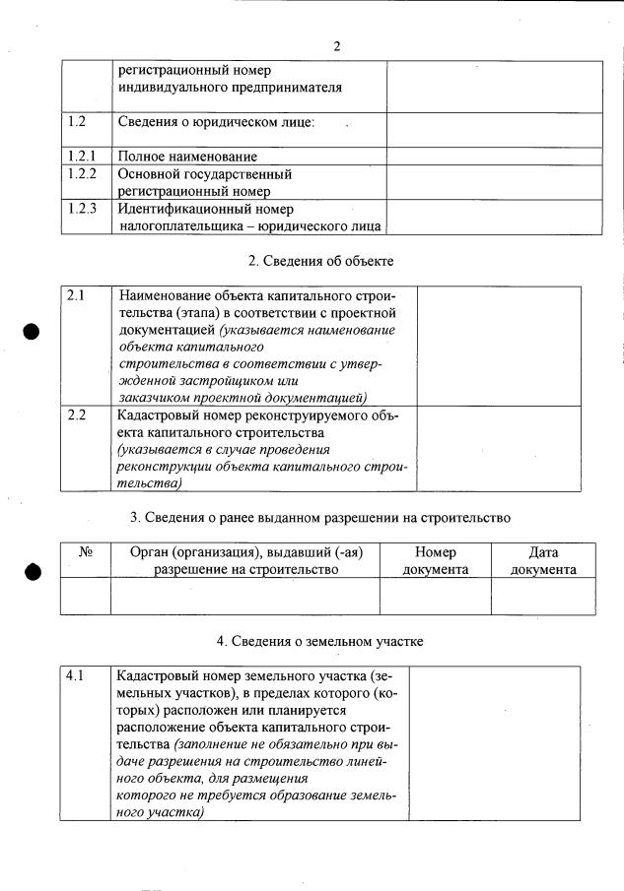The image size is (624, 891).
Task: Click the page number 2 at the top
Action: tap(336, 46)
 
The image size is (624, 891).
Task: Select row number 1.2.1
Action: tap(82, 156)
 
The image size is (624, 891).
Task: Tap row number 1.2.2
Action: tap(82, 173)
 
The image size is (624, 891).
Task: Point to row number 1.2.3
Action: tap(82, 209)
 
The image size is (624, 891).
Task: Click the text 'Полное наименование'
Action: tap(187, 156)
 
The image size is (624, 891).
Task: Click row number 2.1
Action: tap(76, 294)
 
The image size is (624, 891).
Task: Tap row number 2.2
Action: tap(76, 414)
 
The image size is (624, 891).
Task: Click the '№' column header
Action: tap(85, 553)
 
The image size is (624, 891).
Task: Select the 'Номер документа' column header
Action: tap(436, 561)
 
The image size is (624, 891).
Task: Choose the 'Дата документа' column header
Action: tap(543, 561)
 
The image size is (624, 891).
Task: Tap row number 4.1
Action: tap(76, 676)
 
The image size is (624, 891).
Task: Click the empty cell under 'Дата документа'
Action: tap(543, 596)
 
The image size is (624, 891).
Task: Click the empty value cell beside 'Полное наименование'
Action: tap(494, 156)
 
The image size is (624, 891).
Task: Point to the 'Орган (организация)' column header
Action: tap(245, 561)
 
